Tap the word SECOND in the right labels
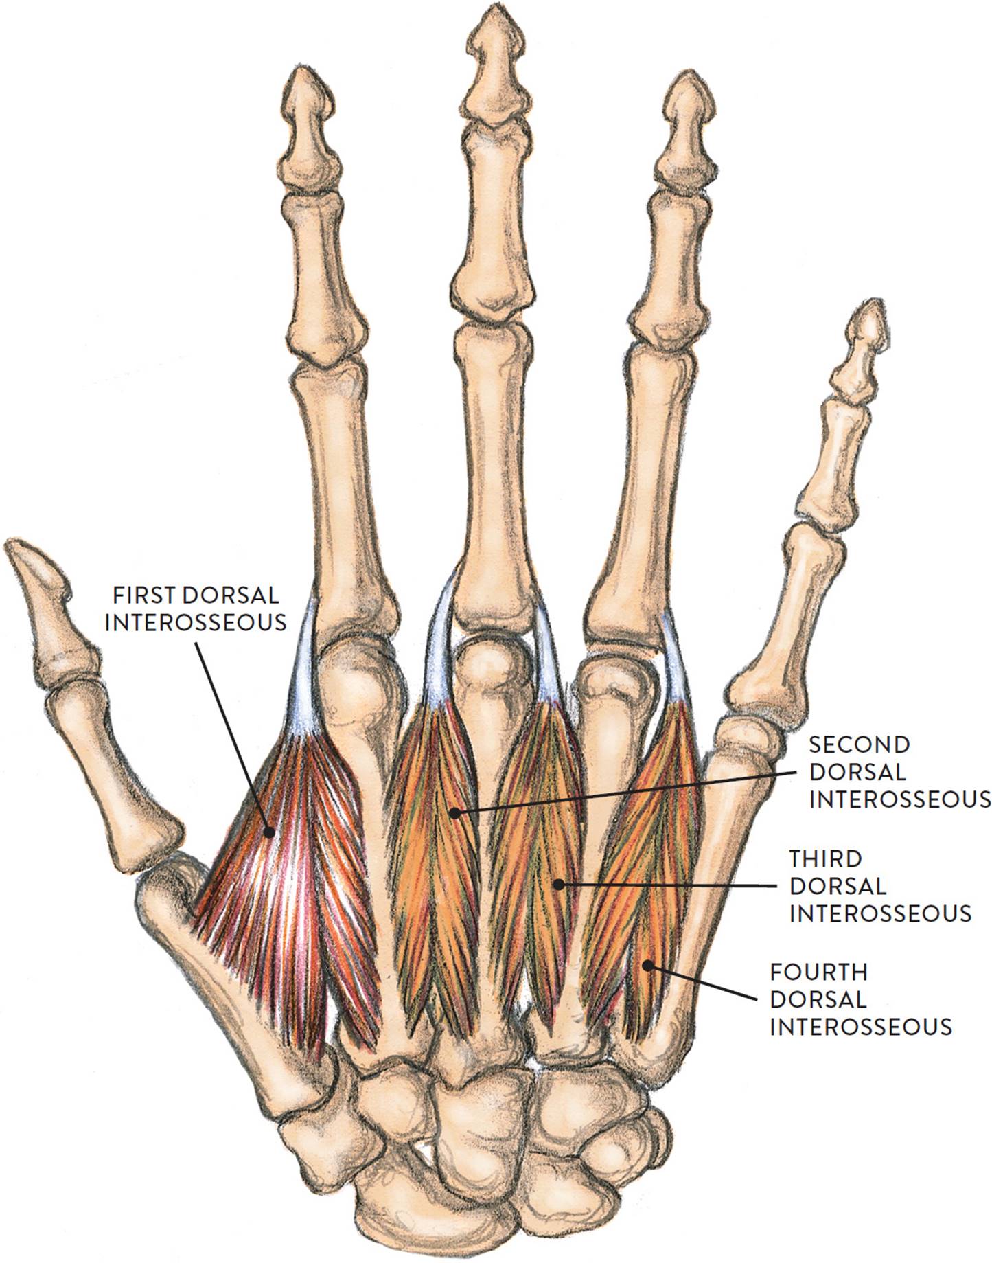point(860,744)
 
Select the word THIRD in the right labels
point(825,858)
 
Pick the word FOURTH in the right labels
point(819,972)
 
